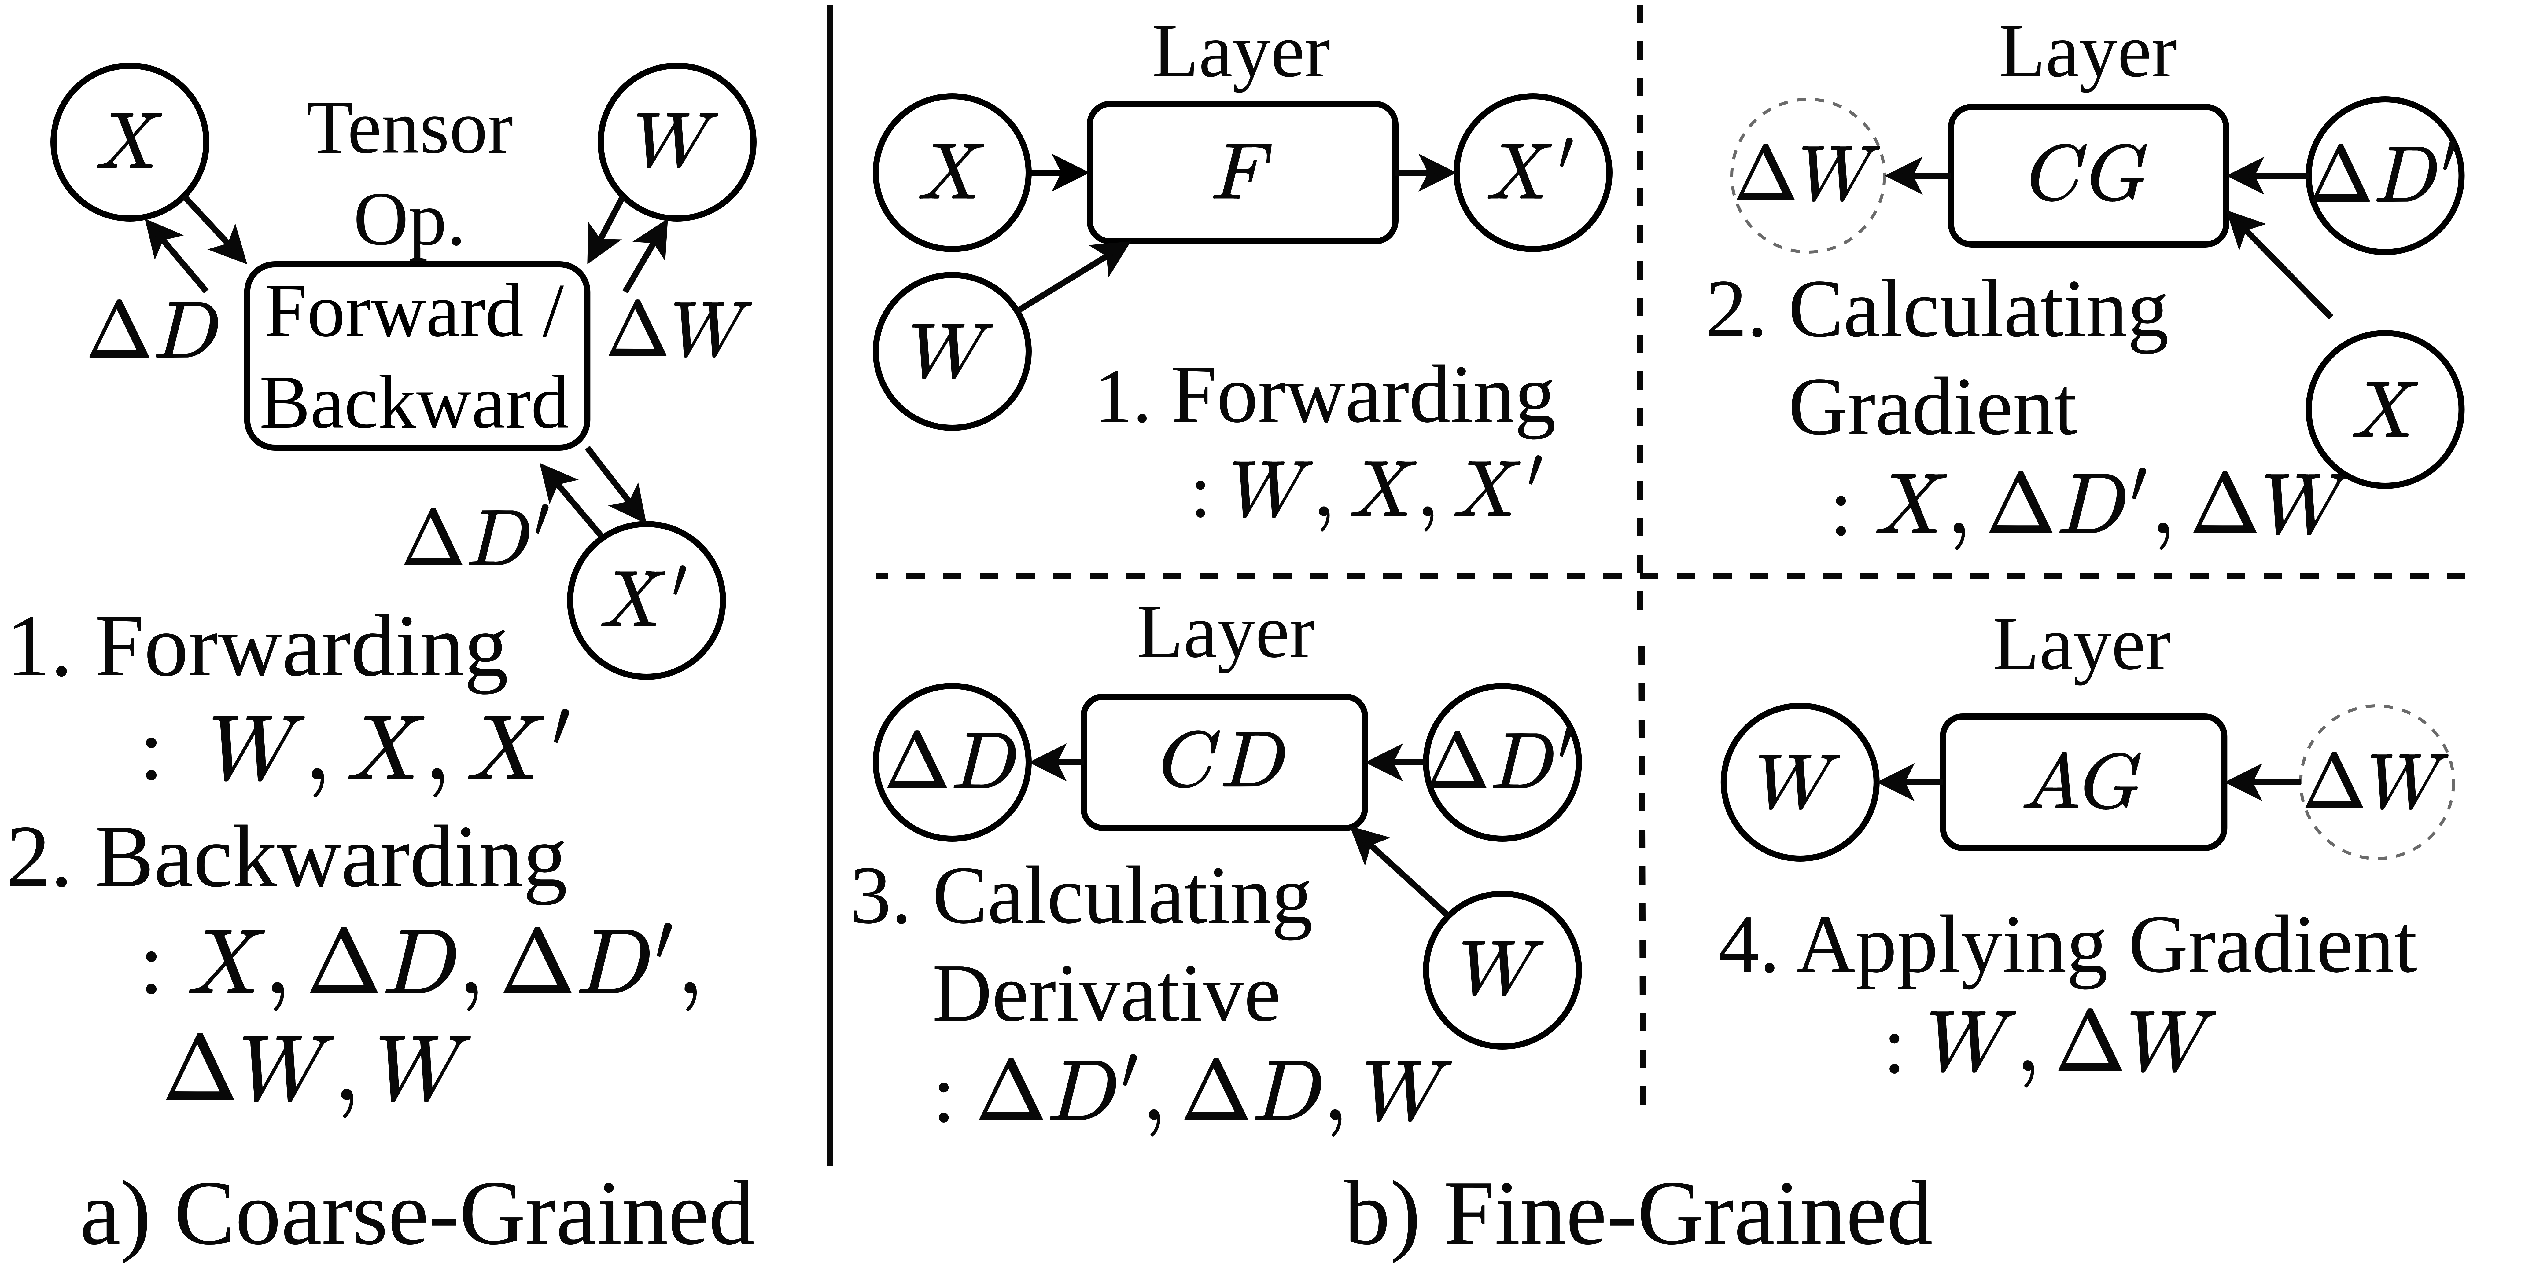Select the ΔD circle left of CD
pyautogui.click(x=951, y=761)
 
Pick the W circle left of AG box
pyautogui.click(x=1800, y=782)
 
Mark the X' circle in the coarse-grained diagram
pyautogui.click(x=646, y=600)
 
